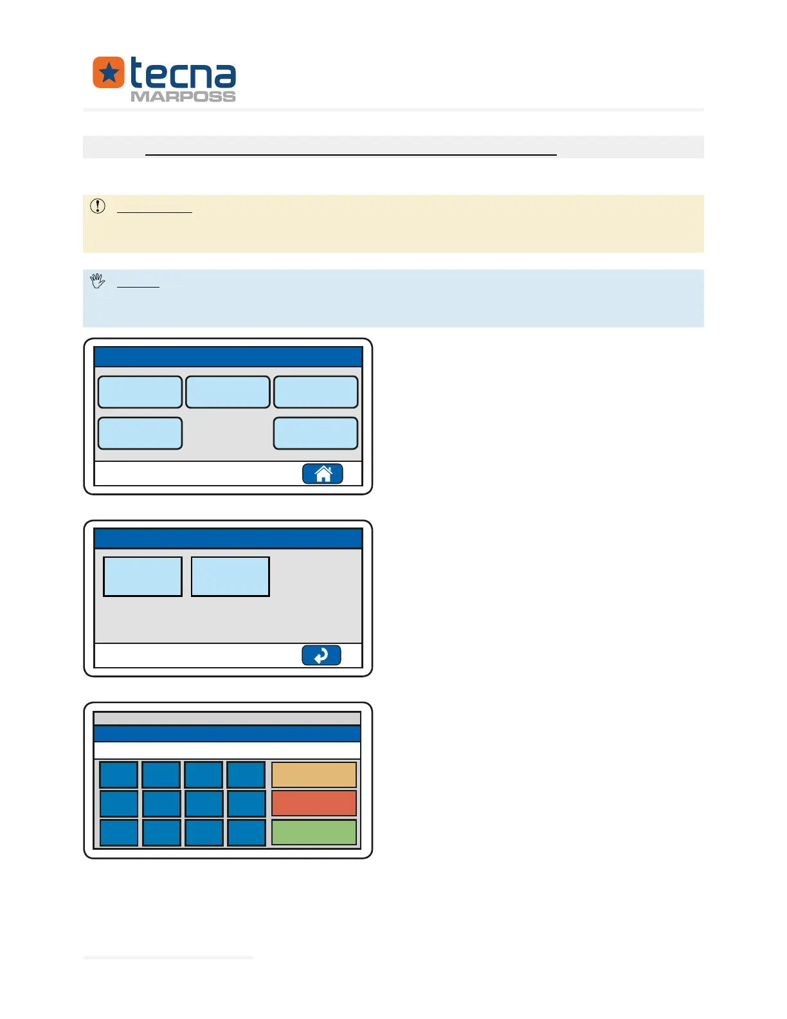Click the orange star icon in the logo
109,73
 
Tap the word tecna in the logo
183,74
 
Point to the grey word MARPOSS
183,96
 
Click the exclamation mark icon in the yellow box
98,206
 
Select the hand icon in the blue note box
98,280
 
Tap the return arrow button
321,656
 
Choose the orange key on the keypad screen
314,775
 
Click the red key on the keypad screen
314,803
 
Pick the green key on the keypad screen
314,832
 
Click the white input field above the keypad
227,751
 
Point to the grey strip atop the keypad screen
227,719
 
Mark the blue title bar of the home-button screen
228,357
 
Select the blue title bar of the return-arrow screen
228,538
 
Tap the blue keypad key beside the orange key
246,775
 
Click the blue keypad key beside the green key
246,832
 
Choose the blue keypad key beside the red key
246,803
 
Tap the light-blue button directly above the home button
316,433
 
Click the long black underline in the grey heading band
350,155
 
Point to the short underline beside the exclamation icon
154,212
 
